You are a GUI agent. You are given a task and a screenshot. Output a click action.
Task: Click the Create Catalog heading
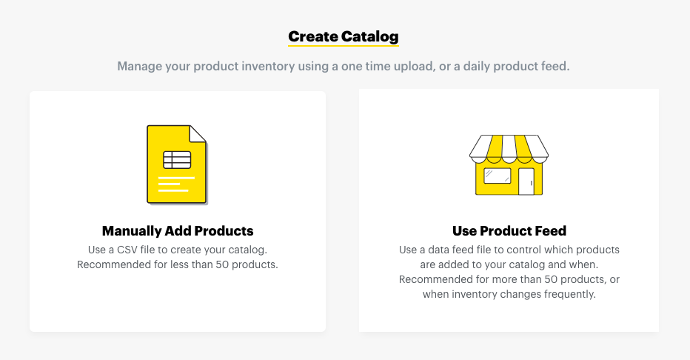[344, 36]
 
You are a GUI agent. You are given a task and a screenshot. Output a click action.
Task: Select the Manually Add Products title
[178, 230]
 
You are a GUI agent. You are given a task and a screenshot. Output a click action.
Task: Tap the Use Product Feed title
[509, 230]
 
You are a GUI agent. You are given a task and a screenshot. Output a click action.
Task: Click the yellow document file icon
[177, 164]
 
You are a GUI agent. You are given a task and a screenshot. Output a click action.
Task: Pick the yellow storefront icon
[509, 165]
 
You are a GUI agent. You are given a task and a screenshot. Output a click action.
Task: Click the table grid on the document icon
[177, 160]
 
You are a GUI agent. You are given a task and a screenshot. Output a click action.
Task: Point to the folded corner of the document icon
[198, 133]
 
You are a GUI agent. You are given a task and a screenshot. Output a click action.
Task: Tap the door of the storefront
[526, 181]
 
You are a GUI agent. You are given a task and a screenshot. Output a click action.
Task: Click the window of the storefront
[498, 176]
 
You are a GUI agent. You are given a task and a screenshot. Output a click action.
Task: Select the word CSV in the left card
[127, 250]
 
